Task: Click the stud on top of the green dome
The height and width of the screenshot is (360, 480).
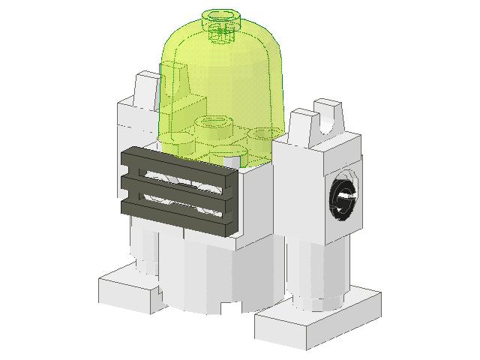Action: point(223,16)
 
